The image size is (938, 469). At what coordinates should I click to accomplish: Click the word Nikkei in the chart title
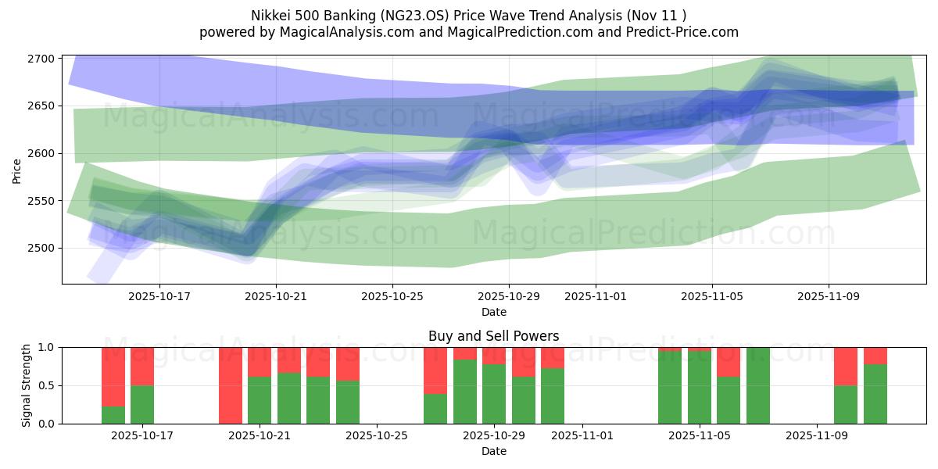269,16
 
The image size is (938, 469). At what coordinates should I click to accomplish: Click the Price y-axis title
17,170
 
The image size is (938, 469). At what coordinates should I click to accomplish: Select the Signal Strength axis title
27,385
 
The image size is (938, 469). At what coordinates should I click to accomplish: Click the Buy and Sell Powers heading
493,336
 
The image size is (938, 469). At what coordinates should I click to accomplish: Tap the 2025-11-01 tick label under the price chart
595,297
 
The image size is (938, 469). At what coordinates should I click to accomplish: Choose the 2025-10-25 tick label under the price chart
392,297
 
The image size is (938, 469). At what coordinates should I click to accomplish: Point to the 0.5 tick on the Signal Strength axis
47,385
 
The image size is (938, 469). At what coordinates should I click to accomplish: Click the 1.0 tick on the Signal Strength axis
47,347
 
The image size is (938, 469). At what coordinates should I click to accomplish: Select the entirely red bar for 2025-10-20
231,385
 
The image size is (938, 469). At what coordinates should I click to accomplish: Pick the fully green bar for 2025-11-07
758,385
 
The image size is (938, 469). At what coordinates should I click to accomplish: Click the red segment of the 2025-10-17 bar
142,366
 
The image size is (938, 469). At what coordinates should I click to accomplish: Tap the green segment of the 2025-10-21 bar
260,400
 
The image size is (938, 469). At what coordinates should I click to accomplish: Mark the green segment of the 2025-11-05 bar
700,388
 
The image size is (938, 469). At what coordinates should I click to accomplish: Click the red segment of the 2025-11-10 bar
846,366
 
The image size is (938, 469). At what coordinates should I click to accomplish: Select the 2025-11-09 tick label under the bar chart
816,436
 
